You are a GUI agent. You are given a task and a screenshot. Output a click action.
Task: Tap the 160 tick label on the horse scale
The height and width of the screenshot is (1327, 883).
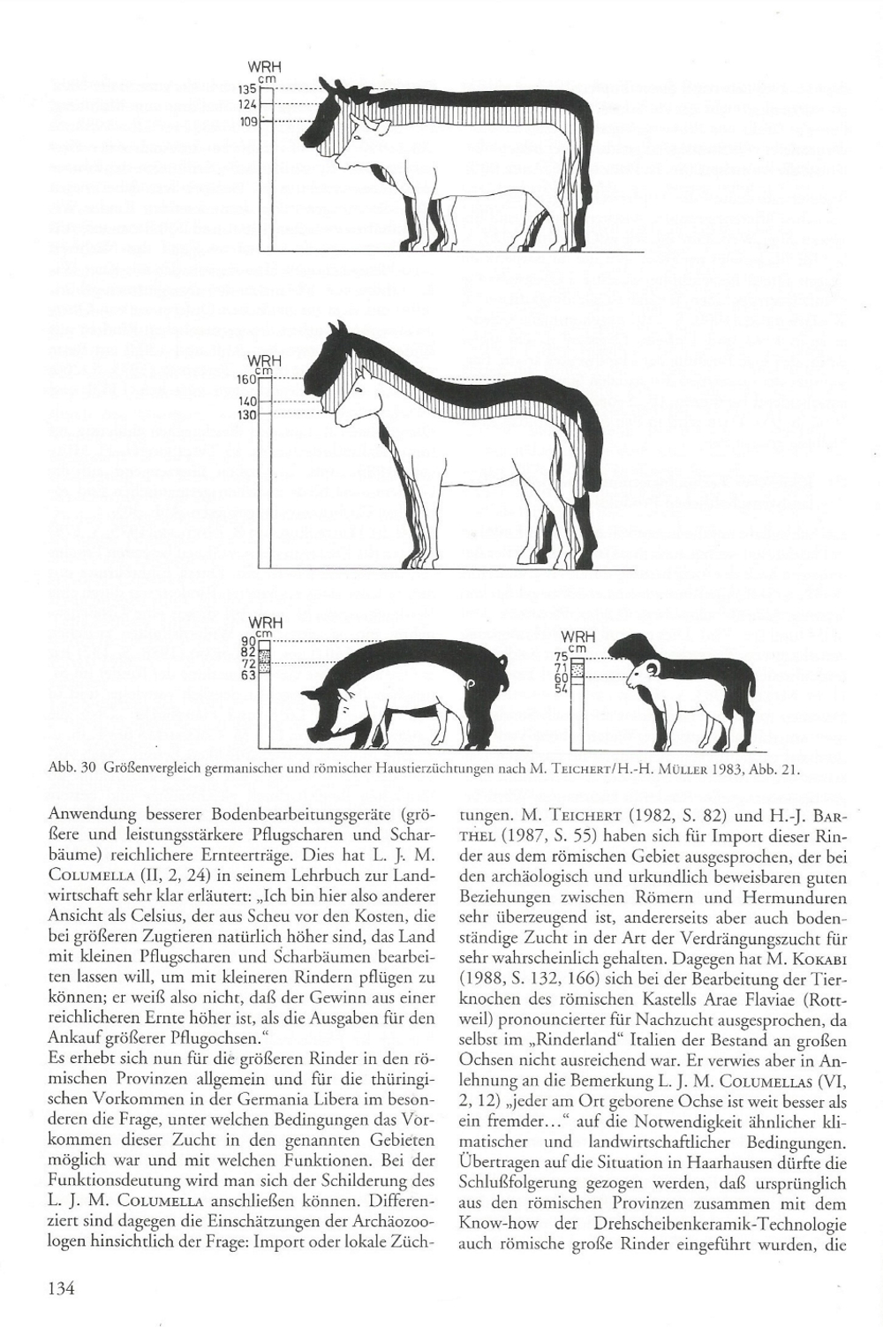point(246,380)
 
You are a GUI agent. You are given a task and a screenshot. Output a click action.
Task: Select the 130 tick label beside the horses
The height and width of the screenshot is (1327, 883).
point(246,414)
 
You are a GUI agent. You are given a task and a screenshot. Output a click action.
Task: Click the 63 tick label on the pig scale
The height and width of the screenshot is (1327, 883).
point(247,676)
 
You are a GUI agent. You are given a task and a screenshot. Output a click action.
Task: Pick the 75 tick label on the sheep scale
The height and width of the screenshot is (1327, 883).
point(559,657)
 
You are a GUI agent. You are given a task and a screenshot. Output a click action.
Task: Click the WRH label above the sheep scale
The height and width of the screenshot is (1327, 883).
point(577,637)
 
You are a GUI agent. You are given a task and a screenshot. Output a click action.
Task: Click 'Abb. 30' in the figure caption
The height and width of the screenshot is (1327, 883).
point(70,768)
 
